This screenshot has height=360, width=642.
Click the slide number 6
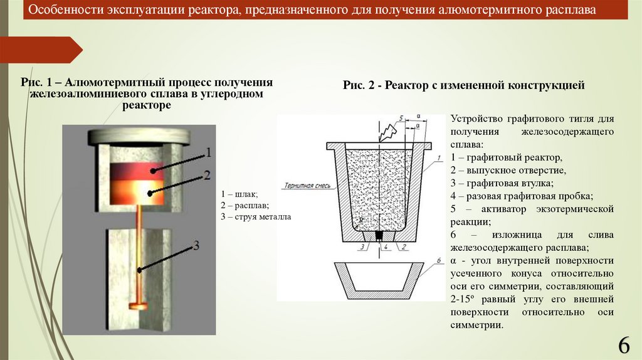point(623,346)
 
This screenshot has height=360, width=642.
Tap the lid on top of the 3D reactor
point(139,136)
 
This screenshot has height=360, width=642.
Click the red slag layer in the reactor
point(138,168)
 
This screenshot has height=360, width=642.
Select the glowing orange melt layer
point(138,191)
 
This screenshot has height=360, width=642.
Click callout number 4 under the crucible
point(387,247)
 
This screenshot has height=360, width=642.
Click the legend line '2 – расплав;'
point(245,205)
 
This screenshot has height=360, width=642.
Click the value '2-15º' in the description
point(463,299)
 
